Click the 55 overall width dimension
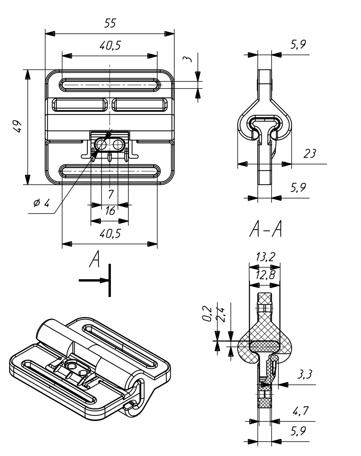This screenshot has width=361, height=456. coord(110,23)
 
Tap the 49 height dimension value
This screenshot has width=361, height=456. coord(17,126)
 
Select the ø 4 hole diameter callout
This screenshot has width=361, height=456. coord(42,203)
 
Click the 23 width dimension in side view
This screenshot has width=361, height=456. coord(309,153)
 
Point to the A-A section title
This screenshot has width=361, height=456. coord(266,229)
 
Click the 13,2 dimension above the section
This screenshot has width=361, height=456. coord(265,257)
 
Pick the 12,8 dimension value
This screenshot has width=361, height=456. coord(265,275)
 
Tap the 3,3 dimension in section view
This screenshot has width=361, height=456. coord(305,374)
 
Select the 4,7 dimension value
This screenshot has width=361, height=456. coord(301,411)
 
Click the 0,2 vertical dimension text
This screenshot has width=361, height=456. coord(207,314)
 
